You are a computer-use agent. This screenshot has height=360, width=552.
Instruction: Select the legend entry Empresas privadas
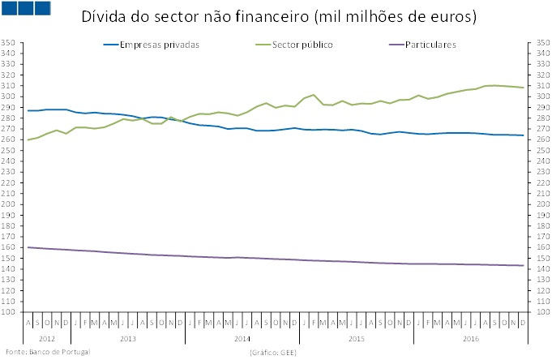click(x=159, y=45)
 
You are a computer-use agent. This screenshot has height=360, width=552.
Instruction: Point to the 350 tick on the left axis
click(x=10, y=43)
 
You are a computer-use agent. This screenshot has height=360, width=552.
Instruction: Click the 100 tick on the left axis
click(x=10, y=311)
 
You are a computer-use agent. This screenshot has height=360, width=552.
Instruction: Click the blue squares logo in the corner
click(x=27, y=8)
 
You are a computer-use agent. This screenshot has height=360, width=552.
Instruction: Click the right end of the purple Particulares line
click(x=522, y=265)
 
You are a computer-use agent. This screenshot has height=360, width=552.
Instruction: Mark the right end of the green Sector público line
click(x=522, y=88)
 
